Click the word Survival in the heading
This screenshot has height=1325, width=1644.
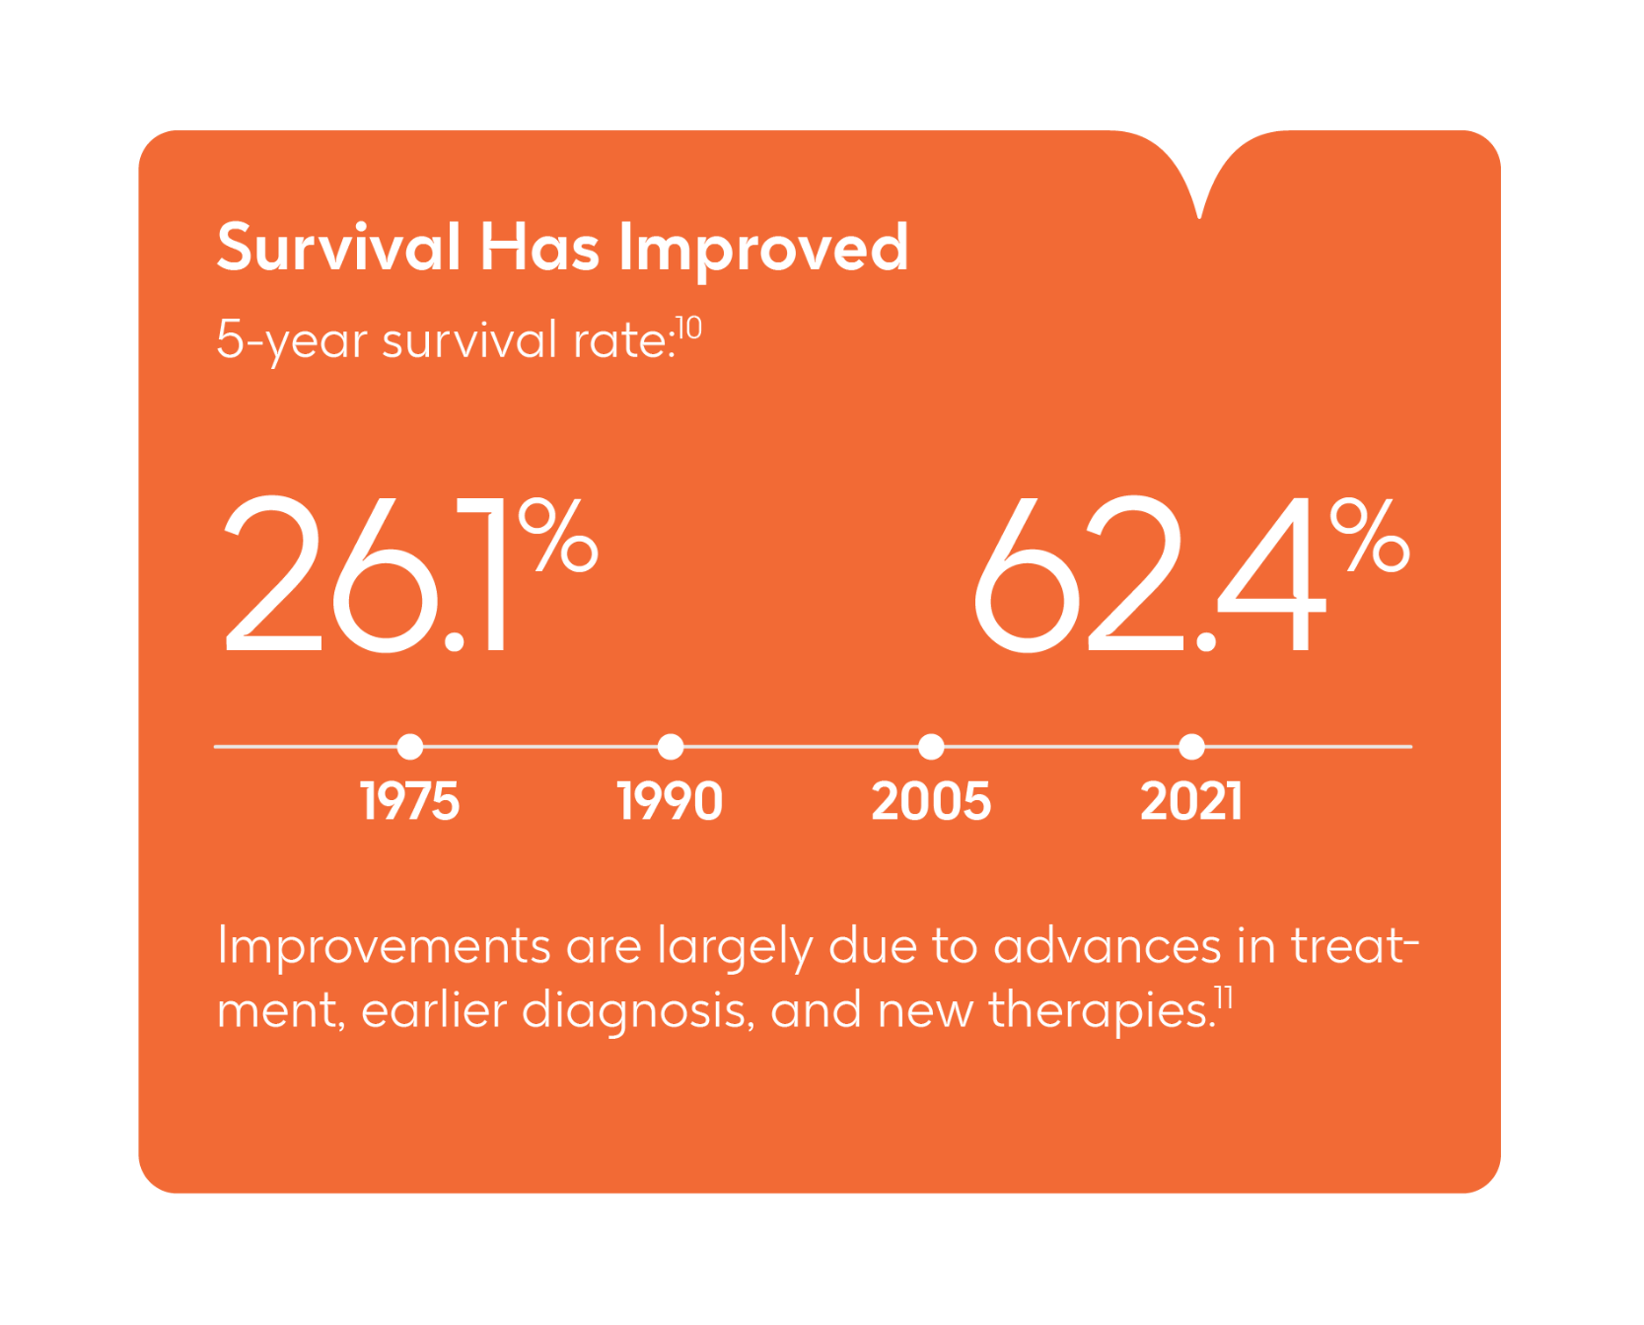[x=338, y=247]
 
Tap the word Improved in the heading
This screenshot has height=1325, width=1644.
[x=763, y=249]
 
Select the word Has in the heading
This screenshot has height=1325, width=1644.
[x=539, y=247]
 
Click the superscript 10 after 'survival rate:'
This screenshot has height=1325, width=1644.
[x=689, y=328]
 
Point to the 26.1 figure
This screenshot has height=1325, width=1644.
[x=366, y=574]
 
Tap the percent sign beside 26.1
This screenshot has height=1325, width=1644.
[x=559, y=534]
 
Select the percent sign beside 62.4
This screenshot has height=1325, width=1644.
[x=1370, y=534]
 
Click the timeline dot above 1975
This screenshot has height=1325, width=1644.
[x=410, y=747]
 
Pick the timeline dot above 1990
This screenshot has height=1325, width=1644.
[x=671, y=747]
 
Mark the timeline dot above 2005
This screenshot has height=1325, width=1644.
[x=931, y=747]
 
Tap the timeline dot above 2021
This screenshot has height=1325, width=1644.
[x=1191, y=747]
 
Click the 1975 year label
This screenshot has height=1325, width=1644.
[x=410, y=800]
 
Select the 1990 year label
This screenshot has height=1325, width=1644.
[x=671, y=800]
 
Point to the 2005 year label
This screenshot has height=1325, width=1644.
[x=931, y=800]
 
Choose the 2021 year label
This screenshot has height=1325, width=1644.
[x=1191, y=800]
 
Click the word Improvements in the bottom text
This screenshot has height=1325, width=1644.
[x=384, y=946]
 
